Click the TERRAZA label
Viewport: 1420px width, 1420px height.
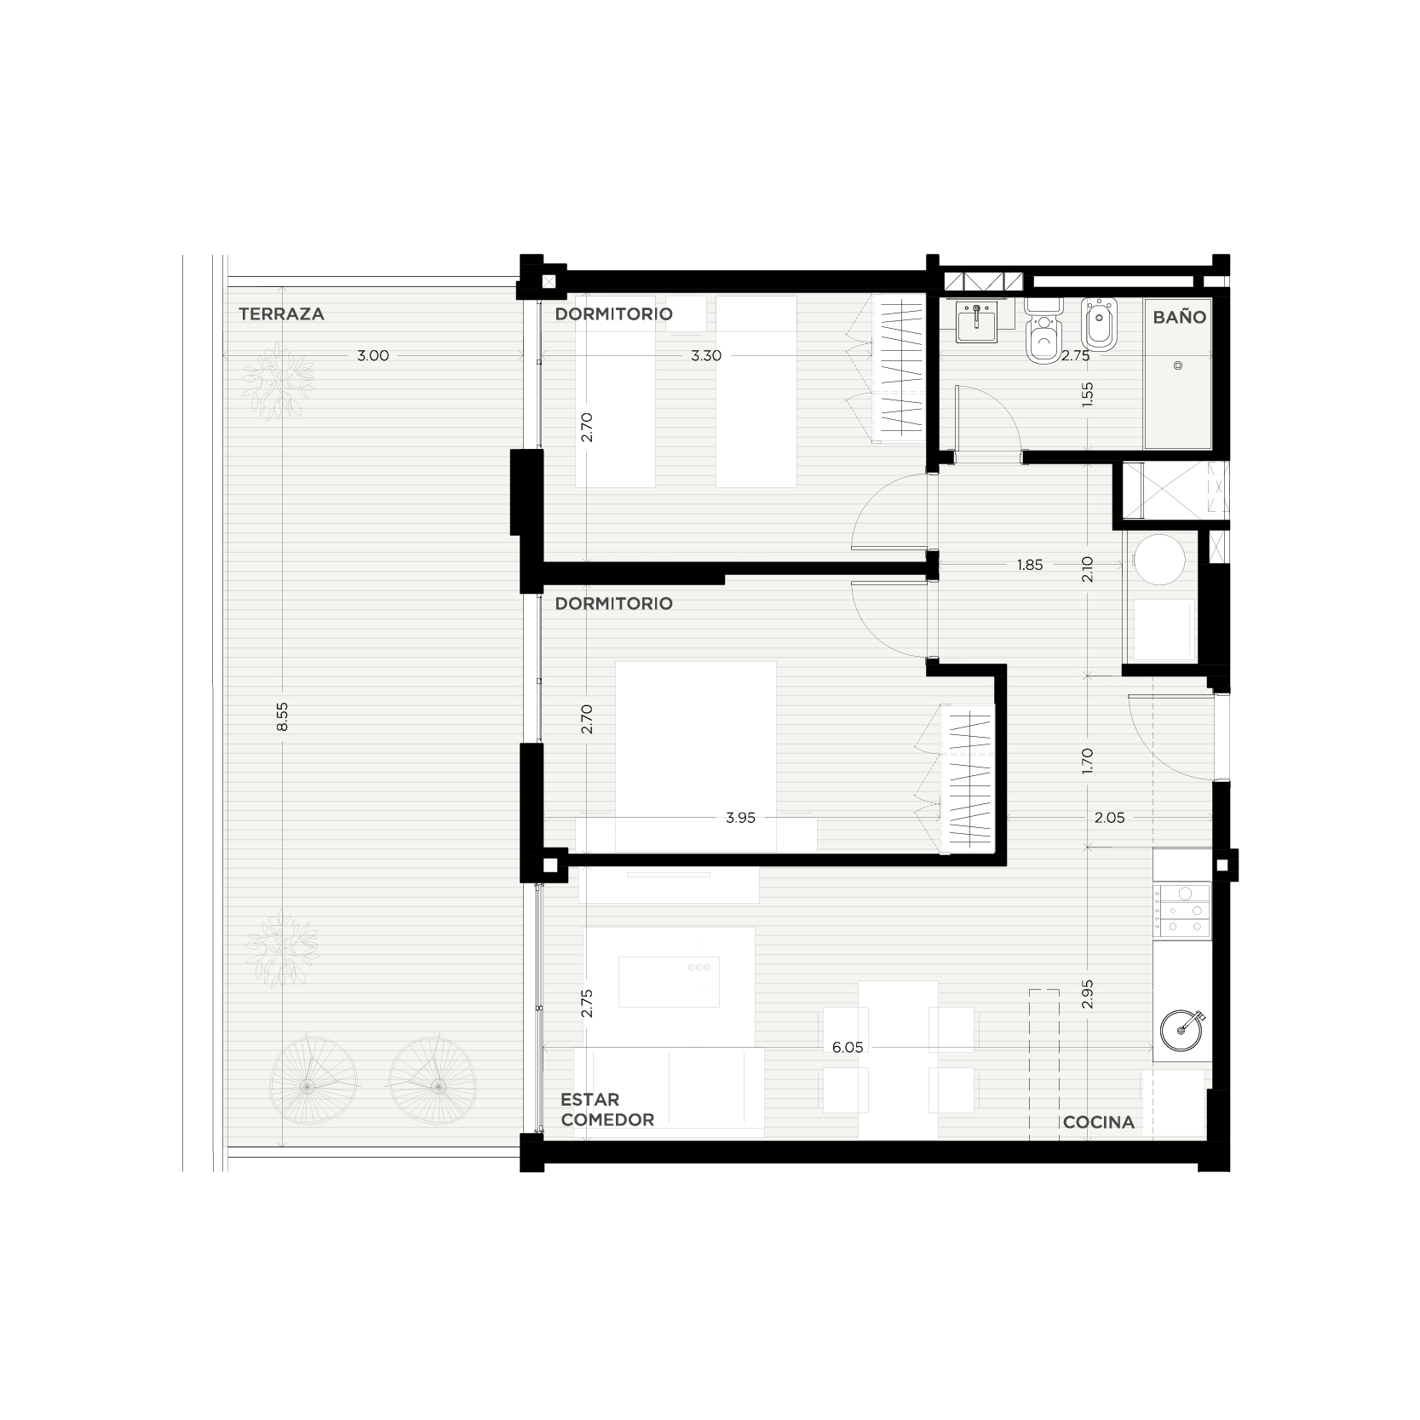pyautogui.click(x=281, y=313)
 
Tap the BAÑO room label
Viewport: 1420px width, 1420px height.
pyautogui.click(x=1180, y=317)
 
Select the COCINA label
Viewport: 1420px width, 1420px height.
pyautogui.click(x=1098, y=1123)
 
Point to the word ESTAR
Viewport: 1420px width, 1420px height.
pyautogui.click(x=590, y=1100)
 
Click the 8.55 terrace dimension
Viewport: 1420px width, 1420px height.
pyautogui.click(x=283, y=716)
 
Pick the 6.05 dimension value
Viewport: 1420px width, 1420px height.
pyautogui.click(x=848, y=1048)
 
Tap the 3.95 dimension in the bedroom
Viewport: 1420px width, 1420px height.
pyautogui.click(x=740, y=818)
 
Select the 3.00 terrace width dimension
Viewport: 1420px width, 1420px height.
pyautogui.click(x=373, y=356)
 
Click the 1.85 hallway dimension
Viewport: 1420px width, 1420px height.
pyautogui.click(x=1030, y=565)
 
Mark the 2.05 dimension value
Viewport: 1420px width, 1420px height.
pyautogui.click(x=1109, y=818)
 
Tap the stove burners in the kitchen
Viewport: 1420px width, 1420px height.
pyautogui.click(x=1181, y=911)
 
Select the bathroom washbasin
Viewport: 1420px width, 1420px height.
pyautogui.click(x=976, y=323)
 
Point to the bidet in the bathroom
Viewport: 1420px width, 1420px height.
pyautogui.click(x=1099, y=324)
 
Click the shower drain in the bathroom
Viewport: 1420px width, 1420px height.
pyautogui.click(x=1178, y=365)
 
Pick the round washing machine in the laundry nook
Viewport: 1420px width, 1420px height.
pyautogui.click(x=1159, y=560)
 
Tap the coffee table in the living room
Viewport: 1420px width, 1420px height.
pyautogui.click(x=670, y=981)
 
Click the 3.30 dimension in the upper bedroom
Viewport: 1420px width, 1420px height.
pyautogui.click(x=706, y=356)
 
